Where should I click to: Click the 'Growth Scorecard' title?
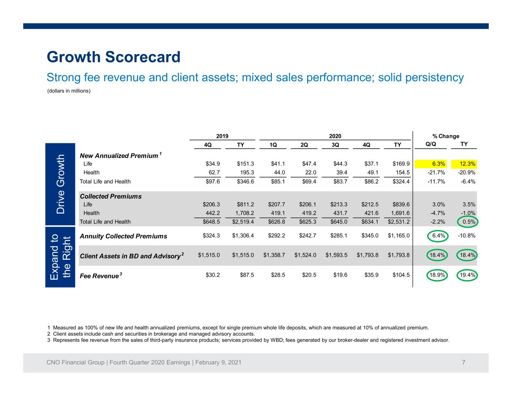[x=114, y=57]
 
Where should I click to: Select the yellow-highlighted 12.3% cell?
[x=464, y=164]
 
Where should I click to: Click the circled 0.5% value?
[x=468, y=222]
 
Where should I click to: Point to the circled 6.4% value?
[x=438, y=236]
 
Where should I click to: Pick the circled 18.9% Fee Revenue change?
[x=437, y=275]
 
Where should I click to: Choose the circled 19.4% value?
[x=467, y=275]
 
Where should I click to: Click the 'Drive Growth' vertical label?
[x=60, y=184]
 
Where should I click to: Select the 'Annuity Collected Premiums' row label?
[x=123, y=236]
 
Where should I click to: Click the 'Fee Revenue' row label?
[x=101, y=276]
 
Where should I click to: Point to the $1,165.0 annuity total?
[x=399, y=235]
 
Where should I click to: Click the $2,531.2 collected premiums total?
[x=399, y=222]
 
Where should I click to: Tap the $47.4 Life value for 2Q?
[x=309, y=164]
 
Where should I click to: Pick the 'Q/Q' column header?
[x=431, y=144]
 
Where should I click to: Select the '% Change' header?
[x=446, y=136]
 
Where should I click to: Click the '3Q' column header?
[x=335, y=145]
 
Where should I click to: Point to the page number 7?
[x=464, y=362]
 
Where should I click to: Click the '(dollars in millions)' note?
[x=69, y=91]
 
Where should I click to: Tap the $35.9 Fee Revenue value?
[x=371, y=275]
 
